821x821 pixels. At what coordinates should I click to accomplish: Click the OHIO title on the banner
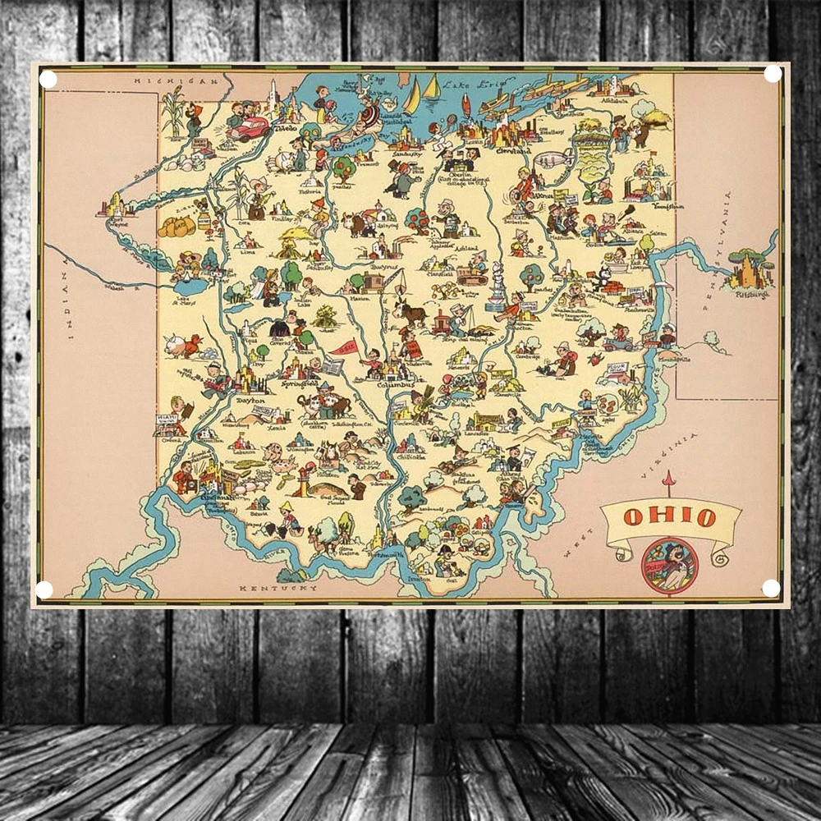tap(670, 517)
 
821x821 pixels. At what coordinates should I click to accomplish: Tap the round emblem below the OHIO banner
tap(670, 565)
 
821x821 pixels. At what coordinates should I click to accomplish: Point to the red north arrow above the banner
tap(669, 483)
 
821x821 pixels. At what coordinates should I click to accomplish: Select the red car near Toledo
tap(249, 129)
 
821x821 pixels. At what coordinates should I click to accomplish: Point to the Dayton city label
tap(251, 401)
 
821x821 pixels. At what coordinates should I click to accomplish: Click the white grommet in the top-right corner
tap(773, 74)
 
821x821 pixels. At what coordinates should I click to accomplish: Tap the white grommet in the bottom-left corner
tap(44, 589)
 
